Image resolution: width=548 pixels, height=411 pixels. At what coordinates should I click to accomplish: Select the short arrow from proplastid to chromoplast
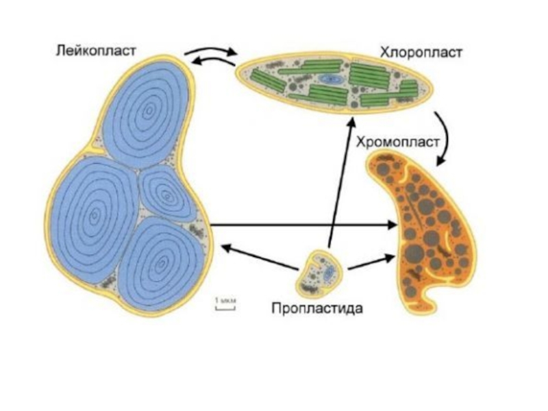pos(372,262)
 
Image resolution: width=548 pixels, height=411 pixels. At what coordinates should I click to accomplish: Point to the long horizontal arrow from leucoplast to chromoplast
pos(301,225)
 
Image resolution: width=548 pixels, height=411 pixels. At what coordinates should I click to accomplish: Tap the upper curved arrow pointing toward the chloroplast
pos(211,52)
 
